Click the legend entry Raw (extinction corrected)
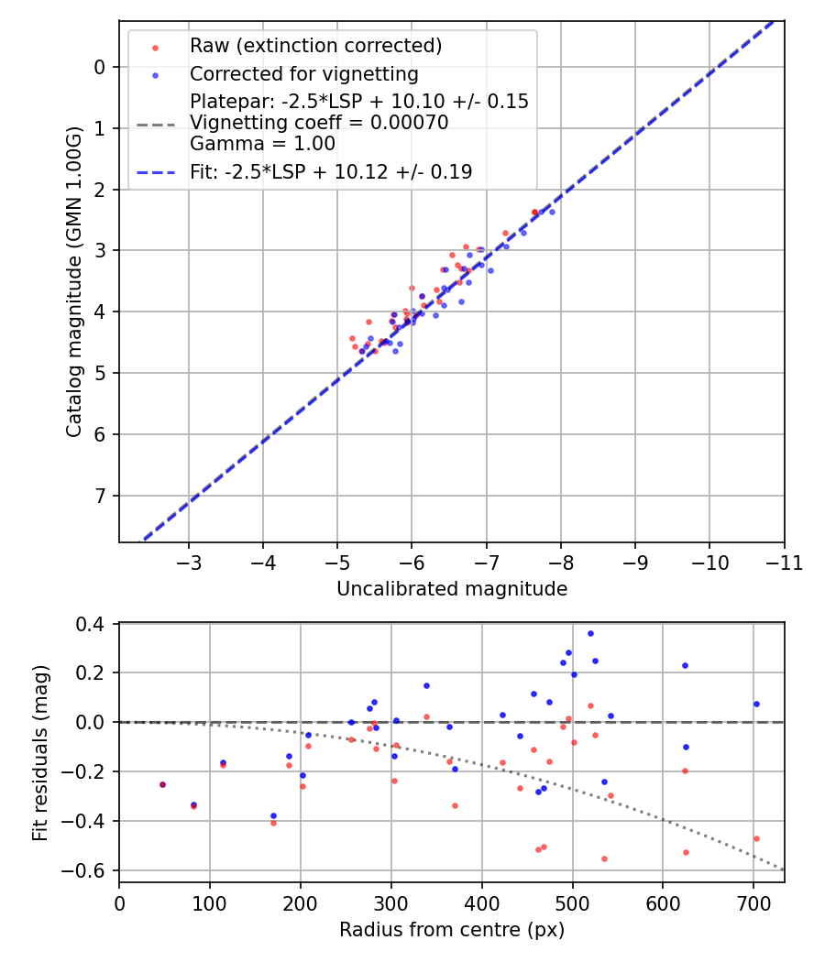[x=315, y=46]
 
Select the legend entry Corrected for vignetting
[x=303, y=74]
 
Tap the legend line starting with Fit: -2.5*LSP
[x=331, y=171]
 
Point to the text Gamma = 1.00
[x=262, y=143]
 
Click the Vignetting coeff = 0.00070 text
[x=319, y=123]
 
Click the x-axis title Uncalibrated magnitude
[x=452, y=589]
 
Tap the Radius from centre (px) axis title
[x=452, y=930]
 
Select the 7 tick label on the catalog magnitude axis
[x=100, y=496]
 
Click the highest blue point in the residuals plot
[x=590, y=633]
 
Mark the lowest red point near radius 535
[x=604, y=858]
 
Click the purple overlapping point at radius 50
[x=163, y=784]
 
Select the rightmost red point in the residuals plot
[x=756, y=838]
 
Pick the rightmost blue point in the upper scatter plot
[x=552, y=212]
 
